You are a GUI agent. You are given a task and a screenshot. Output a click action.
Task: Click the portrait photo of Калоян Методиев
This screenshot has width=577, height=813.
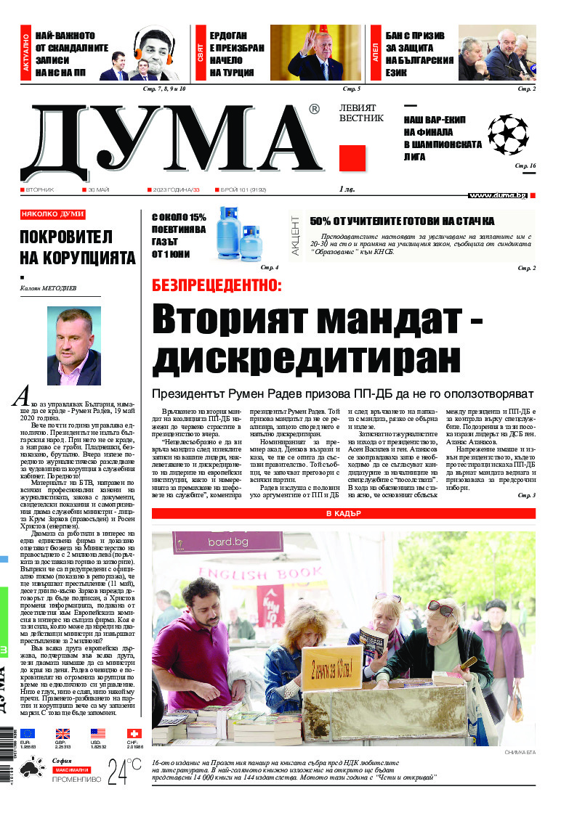[x=74, y=346]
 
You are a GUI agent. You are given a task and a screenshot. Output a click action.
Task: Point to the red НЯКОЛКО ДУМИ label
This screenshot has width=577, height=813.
[x=52, y=214]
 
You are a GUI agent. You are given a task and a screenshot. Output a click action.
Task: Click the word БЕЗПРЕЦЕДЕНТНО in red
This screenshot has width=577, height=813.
[x=216, y=285]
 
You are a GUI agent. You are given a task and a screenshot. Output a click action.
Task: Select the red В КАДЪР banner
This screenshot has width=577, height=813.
[x=343, y=514]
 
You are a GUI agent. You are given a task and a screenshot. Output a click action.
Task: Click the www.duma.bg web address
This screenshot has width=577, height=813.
[x=497, y=195]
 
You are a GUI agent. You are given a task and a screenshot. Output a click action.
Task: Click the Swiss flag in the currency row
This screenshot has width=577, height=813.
[x=133, y=733]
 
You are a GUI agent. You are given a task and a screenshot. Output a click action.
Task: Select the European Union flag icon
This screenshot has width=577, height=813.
[x=28, y=733]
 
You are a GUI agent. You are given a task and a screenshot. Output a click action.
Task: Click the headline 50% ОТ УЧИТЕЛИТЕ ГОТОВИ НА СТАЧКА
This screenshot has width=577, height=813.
[x=402, y=221]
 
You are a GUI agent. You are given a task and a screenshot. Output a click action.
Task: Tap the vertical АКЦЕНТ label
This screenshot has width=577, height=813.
[x=295, y=244]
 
